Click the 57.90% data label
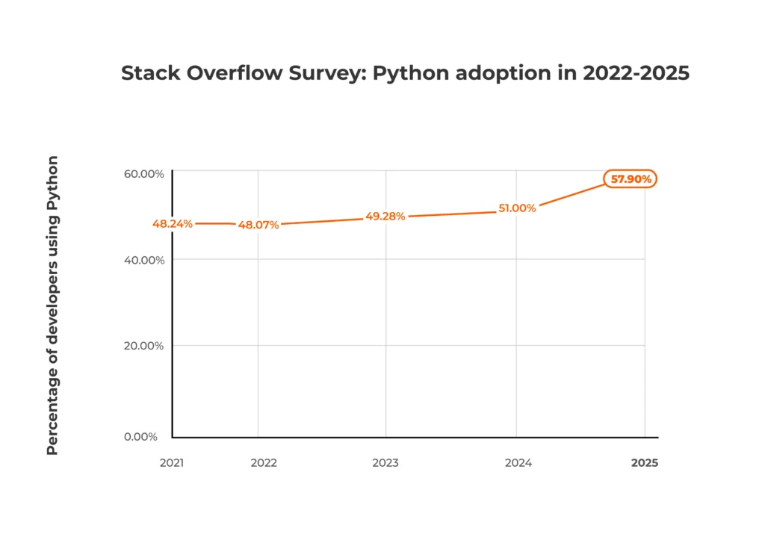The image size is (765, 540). pyautogui.click(x=631, y=179)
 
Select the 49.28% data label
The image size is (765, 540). pyautogui.click(x=385, y=217)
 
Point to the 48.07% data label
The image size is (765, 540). pyautogui.click(x=258, y=225)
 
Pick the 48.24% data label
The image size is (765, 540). pyautogui.click(x=173, y=223)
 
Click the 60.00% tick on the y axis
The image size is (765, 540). pyautogui.click(x=143, y=174)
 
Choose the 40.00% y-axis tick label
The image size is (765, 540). pyautogui.click(x=143, y=260)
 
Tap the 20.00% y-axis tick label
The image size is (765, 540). pyautogui.click(x=143, y=346)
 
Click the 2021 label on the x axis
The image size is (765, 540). pyautogui.click(x=173, y=463)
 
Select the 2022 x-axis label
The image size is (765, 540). pyautogui.click(x=264, y=463)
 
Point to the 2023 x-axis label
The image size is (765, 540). pyautogui.click(x=385, y=463)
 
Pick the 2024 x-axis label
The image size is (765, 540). pyautogui.click(x=518, y=463)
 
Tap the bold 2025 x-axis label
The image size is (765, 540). pyautogui.click(x=645, y=463)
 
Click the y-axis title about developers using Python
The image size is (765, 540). pyautogui.click(x=52, y=305)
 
